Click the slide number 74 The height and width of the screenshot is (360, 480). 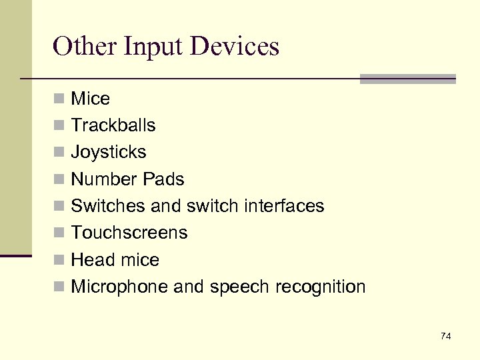tap(445, 336)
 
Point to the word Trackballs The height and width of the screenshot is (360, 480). tap(113, 125)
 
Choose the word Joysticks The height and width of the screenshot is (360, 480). tap(109, 153)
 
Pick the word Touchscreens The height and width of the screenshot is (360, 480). tap(129, 233)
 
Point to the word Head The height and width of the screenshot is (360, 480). tap(90, 260)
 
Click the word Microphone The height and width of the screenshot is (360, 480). tap(119, 287)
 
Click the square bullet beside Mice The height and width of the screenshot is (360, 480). tap(60, 99)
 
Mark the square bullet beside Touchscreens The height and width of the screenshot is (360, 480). tap(60, 233)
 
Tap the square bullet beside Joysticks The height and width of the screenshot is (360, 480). tap(60, 153)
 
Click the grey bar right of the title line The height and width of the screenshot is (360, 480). tap(407, 79)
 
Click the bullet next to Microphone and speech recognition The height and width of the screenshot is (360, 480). tap(60, 287)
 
